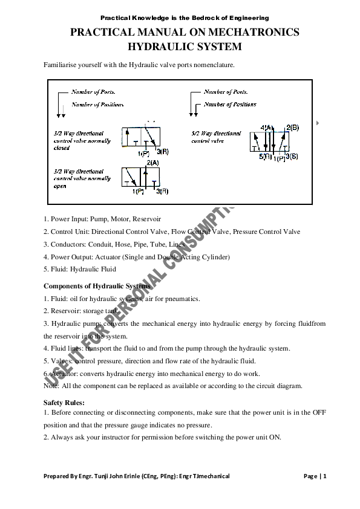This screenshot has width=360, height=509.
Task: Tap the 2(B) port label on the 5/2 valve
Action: click(292, 128)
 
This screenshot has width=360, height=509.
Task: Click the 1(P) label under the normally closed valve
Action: click(142, 154)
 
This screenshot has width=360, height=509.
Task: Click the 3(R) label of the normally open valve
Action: click(162, 192)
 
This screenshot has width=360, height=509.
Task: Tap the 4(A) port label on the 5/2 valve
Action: click(267, 128)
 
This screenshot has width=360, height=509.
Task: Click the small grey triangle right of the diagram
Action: click(318, 123)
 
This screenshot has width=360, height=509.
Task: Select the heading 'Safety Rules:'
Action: click(64, 402)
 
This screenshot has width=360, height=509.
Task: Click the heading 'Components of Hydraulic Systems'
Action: click(97, 285)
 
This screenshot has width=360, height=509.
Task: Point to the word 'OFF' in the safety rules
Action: click(319, 412)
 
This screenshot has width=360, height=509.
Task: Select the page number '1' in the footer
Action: click(325, 476)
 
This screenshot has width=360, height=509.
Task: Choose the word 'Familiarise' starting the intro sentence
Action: click(60, 65)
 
